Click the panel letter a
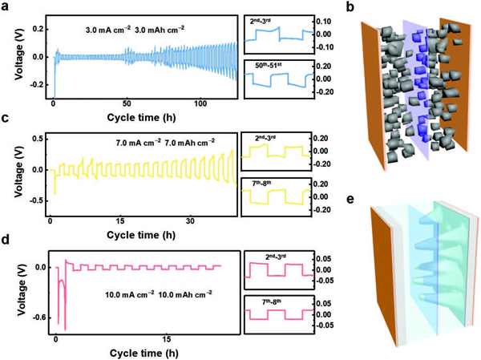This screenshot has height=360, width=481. [6, 6]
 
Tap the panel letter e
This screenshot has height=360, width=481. [350, 199]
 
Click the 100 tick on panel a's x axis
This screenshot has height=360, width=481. [200, 103]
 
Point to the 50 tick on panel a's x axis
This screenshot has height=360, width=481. [127, 103]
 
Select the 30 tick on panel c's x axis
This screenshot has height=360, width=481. [190, 221]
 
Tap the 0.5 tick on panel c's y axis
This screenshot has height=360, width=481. [38, 139]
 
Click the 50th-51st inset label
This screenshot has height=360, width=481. [269, 65]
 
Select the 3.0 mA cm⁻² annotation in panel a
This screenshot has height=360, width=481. [108, 30]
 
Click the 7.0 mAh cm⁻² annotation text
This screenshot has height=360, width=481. [189, 142]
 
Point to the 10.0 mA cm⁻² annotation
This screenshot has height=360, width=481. [130, 294]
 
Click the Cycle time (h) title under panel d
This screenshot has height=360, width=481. [143, 353]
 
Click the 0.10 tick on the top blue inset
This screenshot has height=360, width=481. [324, 21]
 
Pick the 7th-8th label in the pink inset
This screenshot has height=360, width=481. [272, 301]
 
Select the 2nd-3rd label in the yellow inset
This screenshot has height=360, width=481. [265, 138]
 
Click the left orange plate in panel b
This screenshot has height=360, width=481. [374, 95]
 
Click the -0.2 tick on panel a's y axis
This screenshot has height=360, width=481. [37, 85]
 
